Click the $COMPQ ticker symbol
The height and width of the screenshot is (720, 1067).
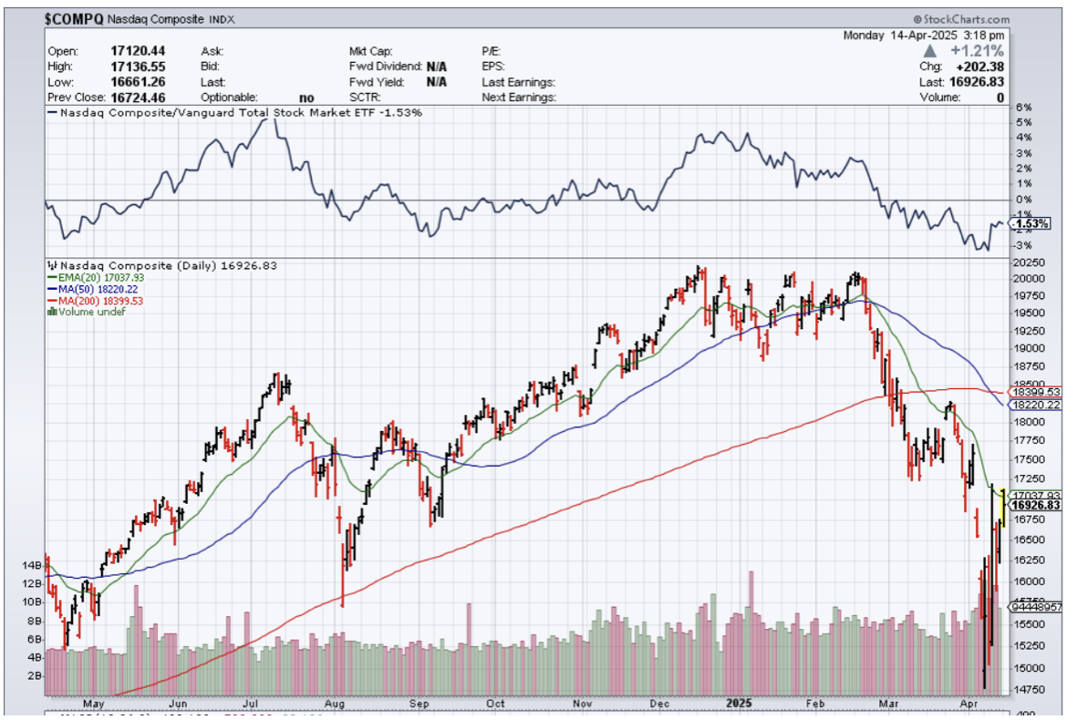[74, 18]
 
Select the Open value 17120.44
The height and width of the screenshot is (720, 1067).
[137, 52]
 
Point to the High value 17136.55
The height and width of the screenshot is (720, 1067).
[137, 67]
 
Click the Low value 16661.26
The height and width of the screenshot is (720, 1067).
[137, 82]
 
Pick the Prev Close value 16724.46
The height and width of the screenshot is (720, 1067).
[137, 97]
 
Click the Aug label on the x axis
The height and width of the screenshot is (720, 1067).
[335, 704]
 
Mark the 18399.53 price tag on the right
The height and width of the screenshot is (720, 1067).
[1035, 391]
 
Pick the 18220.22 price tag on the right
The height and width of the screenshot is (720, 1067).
[1035, 405]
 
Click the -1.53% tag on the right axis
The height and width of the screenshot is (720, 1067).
[1031, 223]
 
